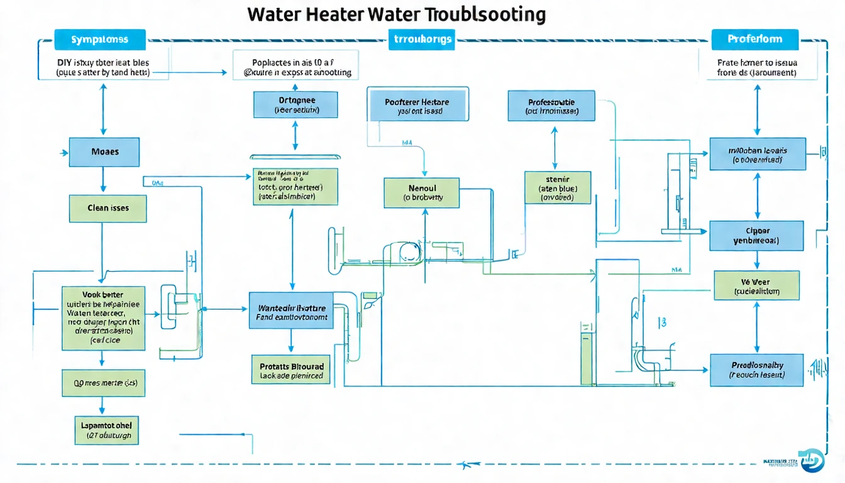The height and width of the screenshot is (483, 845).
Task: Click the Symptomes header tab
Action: click(100, 39)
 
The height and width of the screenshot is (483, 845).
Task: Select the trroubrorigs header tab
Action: click(422, 39)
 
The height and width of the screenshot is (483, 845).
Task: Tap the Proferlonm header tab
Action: click(754, 39)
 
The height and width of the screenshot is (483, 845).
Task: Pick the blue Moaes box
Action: click(104, 152)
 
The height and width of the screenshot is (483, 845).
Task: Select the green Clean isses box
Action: click(108, 208)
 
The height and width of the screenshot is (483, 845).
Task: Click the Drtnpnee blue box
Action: click(296, 104)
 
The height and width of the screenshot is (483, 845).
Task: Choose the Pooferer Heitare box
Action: click(417, 105)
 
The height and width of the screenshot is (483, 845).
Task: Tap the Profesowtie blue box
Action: click(551, 106)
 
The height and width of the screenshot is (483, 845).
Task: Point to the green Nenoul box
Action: click(422, 192)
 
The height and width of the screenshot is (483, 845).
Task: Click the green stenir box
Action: click(558, 187)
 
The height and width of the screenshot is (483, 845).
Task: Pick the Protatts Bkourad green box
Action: click(291, 370)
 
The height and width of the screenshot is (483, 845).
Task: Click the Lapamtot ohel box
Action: click(106, 430)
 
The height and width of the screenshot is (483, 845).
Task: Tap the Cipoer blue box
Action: click(756, 236)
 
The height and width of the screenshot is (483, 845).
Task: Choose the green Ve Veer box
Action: click(756, 286)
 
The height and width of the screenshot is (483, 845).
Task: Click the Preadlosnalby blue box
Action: click(756, 370)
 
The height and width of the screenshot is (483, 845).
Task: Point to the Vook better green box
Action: click(103, 318)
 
